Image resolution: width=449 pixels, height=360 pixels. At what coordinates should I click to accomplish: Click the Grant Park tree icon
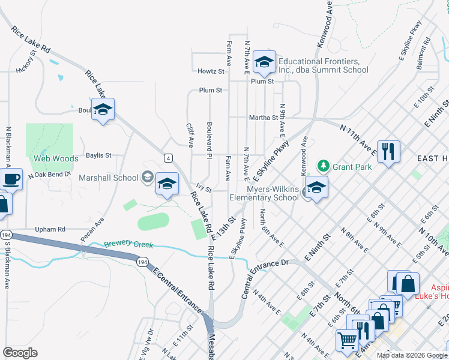(x=324, y=164)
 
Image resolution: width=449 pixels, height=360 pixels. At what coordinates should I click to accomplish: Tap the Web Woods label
(x=56, y=158)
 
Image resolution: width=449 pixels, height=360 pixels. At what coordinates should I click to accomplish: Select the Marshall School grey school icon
(x=147, y=177)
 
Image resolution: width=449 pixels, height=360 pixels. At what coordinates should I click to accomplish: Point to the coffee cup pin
(x=10, y=179)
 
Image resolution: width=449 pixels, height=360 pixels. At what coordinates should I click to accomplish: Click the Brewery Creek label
(x=128, y=245)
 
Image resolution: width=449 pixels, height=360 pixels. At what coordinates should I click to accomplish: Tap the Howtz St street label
(x=211, y=71)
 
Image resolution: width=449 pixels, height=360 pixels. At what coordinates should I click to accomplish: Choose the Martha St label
(x=264, y=118)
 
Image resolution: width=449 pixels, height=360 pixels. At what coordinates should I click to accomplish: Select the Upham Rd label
(x=50, y=229)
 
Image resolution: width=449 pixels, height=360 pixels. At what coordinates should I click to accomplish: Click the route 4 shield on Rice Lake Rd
(x=169, y=158)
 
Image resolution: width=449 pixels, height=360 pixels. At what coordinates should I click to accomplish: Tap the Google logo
(x=20, y=352)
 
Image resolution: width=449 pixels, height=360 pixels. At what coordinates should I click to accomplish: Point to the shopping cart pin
(x=348, y=340)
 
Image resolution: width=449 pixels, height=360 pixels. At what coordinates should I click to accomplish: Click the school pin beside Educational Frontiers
(x=264, y=62)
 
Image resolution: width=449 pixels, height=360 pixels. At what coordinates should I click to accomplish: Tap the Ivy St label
(x=205, y=190)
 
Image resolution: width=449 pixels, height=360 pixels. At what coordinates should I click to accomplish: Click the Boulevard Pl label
(x=209, y=142)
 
